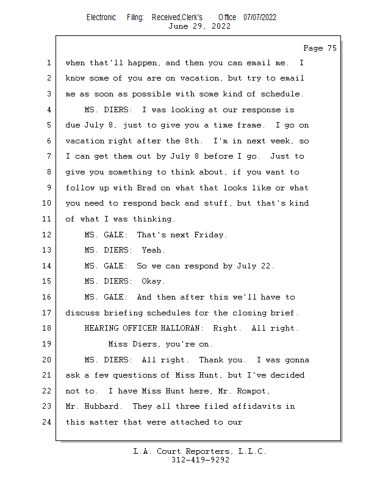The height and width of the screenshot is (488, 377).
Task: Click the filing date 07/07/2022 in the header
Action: [259, 17]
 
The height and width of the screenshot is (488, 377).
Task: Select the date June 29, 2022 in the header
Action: [199, 26]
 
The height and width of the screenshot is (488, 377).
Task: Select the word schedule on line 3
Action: [279, 94]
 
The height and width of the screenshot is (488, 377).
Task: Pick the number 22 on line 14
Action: [267, 266]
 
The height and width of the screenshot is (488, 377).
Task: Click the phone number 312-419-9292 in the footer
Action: [200, 460]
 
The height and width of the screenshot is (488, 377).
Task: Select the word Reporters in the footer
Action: [204, 451]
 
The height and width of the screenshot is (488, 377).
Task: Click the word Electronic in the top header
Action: [101, 17]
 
